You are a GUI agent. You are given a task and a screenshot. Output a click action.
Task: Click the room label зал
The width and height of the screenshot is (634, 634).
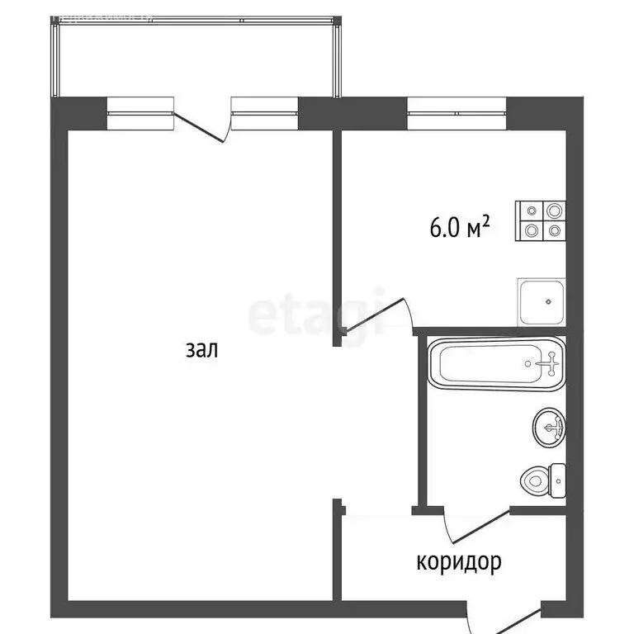[201, 350]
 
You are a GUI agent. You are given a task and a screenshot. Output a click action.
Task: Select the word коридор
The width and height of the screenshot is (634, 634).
[459, 563]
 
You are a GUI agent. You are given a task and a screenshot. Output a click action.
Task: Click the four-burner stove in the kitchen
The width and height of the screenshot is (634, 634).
[542, 221]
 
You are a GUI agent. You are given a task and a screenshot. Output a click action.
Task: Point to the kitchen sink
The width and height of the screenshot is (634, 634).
[542, 302]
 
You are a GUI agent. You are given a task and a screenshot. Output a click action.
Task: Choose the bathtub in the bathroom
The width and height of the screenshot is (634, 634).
[498, 363]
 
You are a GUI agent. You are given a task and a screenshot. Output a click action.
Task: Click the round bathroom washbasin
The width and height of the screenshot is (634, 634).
[550, 428]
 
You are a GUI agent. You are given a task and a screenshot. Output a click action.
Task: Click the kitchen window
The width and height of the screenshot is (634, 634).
[457, 111]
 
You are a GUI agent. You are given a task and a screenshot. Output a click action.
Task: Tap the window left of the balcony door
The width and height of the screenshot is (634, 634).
[141, 113]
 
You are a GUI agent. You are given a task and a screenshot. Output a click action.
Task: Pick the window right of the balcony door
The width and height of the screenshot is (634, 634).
[264, 113]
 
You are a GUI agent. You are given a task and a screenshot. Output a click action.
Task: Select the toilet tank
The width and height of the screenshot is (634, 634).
[558, 479]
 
